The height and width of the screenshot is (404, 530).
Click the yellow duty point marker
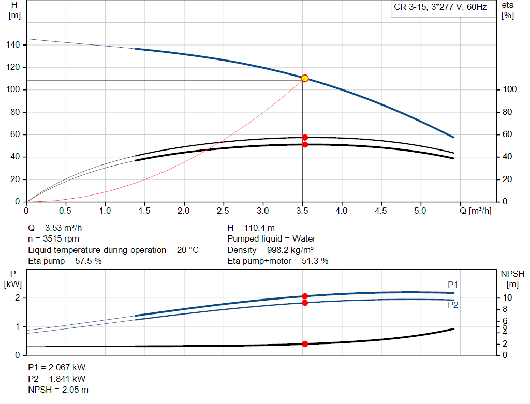305,78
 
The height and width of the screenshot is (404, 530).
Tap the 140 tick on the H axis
13,45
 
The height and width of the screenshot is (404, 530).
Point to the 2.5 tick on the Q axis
223,211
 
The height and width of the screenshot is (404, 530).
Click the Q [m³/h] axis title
476,211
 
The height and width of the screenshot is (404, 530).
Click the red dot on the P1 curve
305,296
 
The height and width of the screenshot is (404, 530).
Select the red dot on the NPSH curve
305,344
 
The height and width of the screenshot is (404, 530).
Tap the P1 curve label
453,285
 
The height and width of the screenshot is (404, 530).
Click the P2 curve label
453,305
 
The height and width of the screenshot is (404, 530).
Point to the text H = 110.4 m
252,228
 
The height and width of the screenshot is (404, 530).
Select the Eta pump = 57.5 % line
65,261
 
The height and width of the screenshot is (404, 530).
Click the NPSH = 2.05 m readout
58,390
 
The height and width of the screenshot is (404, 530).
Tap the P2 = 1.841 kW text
56,379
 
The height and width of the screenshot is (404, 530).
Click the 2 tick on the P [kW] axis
17,298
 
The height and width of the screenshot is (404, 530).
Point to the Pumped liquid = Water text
271,238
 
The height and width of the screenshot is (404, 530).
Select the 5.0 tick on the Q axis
420,211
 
